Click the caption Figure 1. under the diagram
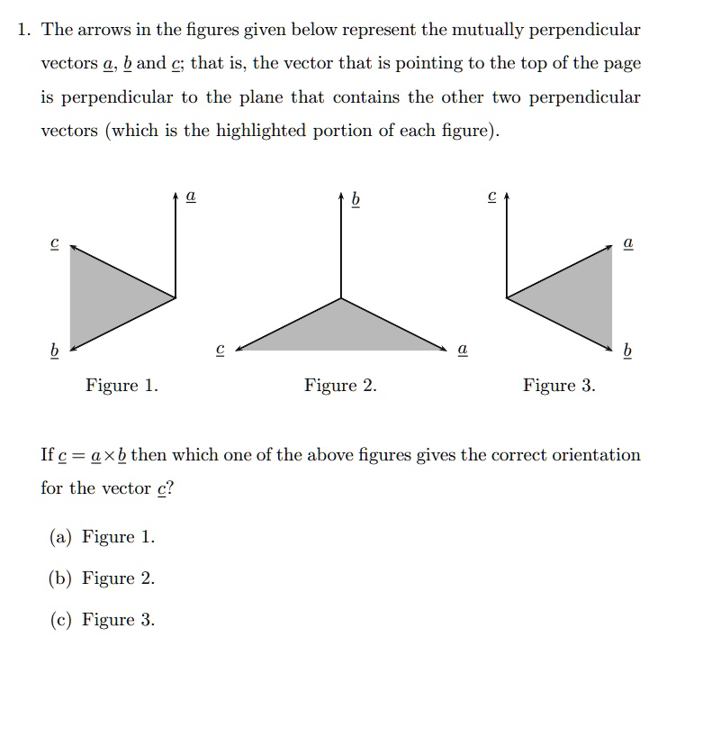pyautogui.click(x=122, y=386)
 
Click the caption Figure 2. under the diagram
pyautogui.click(x=340, y=386)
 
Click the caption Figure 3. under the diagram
pyautogui.click(x=559, y=386)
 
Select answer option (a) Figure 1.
pyautogui.click(x=102, y=537)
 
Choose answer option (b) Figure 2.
pyautogui.click(x=102, y=579)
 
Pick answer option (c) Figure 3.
pyautogui.click(x=102, y=620)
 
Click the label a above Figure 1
pyautogui.click(x=190, y=195)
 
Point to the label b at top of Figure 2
pyautogui.click(x=356, y=198)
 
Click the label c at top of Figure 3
pyautogui.click(x=491, y=195)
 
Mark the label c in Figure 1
pyautogui.click(x=55, y=243)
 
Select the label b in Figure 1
pyautogui.click(x=55, y=349)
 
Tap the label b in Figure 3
pyautogui.click(x=627, y=349)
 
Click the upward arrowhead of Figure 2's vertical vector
pyautogui.click(x=340, y=196)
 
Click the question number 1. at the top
pyautogui.click(x=24, y=30)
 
